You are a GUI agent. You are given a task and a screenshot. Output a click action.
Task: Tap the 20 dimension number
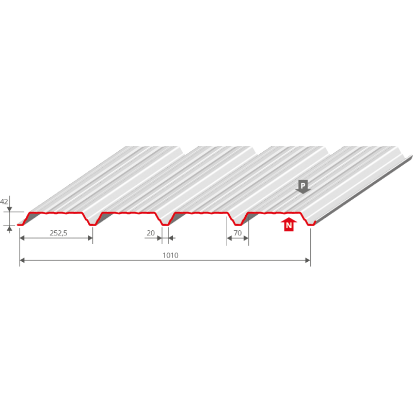click(x=151, y=233)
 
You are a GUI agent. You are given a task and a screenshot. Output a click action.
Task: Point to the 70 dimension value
click(x=237, y=233)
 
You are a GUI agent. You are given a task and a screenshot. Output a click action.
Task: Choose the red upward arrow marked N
click(x=289, y=225)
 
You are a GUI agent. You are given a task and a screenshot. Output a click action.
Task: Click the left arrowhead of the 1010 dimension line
click(x=22, y=262)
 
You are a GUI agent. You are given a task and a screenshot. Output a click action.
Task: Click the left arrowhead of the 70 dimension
click(x=229, y=239)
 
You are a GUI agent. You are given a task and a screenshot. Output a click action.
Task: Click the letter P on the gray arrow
click(x=303, y=184)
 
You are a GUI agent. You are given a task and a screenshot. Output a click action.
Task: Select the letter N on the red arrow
click(x=289, y=226)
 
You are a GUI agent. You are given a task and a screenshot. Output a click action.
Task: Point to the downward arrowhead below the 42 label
click(x=9, y=209)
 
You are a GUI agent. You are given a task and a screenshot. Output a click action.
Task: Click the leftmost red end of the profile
click(x=20, y=224)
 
